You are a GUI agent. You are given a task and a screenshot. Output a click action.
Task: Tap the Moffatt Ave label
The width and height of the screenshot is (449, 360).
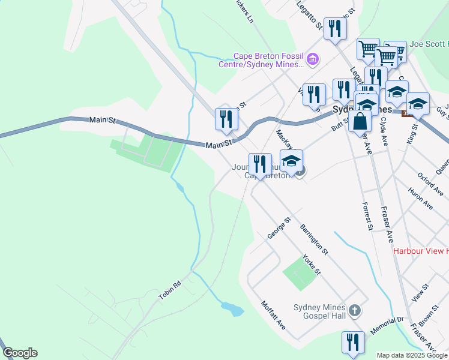[273, 315]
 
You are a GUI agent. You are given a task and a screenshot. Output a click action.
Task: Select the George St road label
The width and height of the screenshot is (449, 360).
[279, 228]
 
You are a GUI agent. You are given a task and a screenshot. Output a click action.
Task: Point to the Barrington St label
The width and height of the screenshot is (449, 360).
[314, 238]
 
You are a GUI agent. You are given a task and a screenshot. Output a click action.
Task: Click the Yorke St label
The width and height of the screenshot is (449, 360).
[312, 265]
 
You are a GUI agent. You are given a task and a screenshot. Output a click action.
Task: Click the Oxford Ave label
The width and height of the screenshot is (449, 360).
[430, 184]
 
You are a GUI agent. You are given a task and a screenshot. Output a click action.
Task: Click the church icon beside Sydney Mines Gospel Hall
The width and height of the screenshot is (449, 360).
[355, 311]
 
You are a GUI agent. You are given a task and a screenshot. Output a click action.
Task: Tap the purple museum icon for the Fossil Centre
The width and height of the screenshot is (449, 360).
[312, 59]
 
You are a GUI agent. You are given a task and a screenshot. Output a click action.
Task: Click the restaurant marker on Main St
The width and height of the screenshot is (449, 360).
[226, 118]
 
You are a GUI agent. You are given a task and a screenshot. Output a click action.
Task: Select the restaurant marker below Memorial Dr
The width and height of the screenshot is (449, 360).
[353, 342]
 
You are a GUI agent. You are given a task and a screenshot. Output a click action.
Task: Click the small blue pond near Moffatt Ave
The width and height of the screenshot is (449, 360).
[232, 310]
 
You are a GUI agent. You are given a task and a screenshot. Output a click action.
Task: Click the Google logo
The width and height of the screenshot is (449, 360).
[20, 353]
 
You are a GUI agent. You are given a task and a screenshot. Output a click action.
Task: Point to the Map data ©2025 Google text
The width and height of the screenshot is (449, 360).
[412, 355]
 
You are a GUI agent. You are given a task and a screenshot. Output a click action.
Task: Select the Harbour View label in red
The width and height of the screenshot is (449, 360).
[421, 251]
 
